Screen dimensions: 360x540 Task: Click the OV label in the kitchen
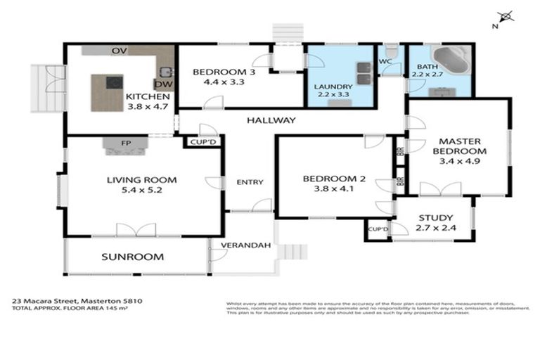coord(119,51)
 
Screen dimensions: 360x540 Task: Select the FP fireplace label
coord(126,143)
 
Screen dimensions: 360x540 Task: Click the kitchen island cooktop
coord(112,83)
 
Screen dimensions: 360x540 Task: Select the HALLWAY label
coord(271,120)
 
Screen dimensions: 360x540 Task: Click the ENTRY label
coord(250,182)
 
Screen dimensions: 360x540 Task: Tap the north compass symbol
coord(503,18)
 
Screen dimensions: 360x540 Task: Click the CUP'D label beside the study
coord(378,229)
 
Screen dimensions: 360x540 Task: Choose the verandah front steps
coord(293,252)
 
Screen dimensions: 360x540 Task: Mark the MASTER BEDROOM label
coord(459,146)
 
